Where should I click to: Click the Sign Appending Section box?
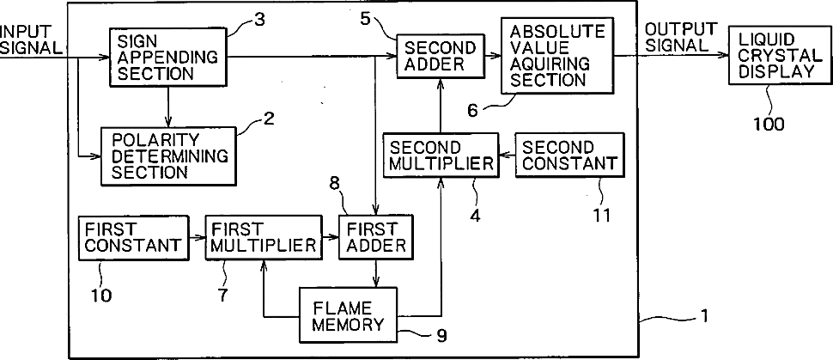(167, 58)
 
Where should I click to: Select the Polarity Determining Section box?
(167, 156)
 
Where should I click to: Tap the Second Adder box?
(441, 56)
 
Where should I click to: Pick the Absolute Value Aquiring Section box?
(556, 55)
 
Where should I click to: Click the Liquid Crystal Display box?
(780, 56)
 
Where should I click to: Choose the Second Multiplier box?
(441, 155)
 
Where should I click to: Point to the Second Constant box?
(569, 155)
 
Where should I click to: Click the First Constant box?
(133, 238)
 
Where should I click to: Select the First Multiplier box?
(264, 238)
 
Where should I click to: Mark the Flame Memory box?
(348, 314)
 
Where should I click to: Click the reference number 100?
(769, 124)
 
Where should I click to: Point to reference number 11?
(601, 215)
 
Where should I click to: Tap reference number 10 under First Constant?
(101, 295)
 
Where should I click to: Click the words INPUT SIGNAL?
(31, 39)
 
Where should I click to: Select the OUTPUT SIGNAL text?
(682, 36)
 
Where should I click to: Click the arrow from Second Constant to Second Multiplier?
(508, 156)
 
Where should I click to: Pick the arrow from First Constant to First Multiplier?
(198, 238)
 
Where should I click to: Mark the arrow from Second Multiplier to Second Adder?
(441, 106)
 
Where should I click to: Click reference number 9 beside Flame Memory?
(441, 335)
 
